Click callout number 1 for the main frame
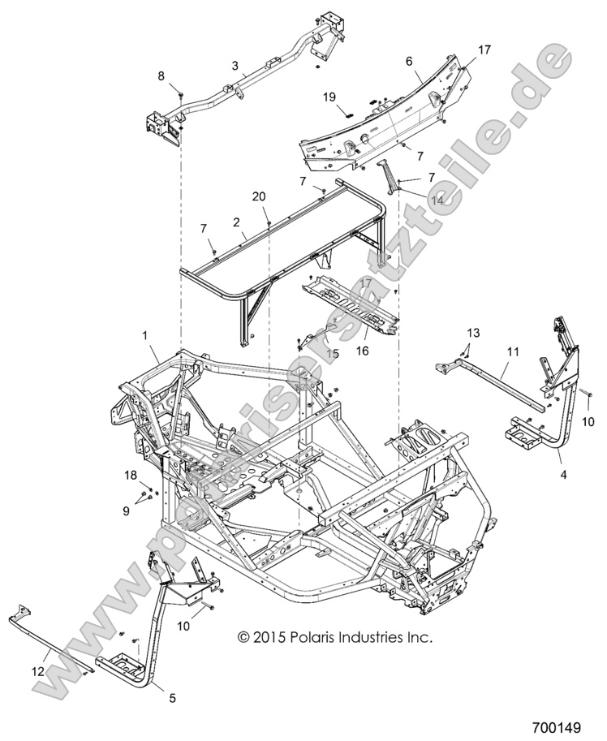[x=145, y=334]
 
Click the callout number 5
[x=172, y=696]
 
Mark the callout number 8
[x=161, y=75]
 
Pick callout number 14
[x=415, y=199]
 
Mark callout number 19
[x=329, y=97]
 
